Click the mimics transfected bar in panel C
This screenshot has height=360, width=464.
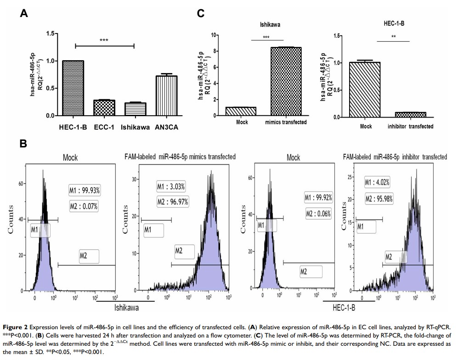(286, 81)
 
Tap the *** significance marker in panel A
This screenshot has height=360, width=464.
(104, 40)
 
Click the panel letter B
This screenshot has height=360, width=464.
(23, 145)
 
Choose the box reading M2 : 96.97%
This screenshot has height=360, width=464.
(172, 202)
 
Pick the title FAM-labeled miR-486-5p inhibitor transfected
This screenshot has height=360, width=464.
(395, 157)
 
